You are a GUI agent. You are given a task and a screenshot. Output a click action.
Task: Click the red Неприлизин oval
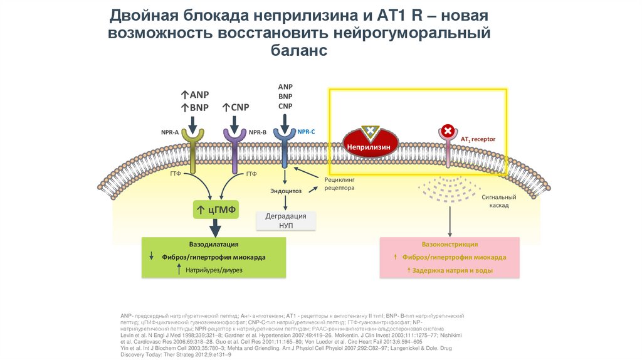(369, 146)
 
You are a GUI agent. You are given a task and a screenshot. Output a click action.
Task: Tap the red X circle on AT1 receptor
(448, 131)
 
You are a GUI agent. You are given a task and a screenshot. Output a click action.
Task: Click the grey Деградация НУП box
(286, 220)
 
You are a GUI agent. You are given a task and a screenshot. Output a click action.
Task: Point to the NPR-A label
(169, 132)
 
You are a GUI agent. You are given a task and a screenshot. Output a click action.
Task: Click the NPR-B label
(258, 132)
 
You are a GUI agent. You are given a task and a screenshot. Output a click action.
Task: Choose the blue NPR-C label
(307, 132)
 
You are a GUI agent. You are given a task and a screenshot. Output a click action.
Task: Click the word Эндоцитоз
(286, 190)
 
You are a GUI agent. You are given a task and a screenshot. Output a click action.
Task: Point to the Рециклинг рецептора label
(339, 184)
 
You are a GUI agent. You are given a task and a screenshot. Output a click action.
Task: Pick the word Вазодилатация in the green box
(214, 244)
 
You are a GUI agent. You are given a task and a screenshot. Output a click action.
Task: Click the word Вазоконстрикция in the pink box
(450, 244)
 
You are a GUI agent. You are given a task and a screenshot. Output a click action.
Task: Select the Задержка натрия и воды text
(453, 270)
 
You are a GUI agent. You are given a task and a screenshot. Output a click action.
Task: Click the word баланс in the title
(299, 50)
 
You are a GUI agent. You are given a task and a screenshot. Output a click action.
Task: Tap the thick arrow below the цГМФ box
(214, 228)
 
